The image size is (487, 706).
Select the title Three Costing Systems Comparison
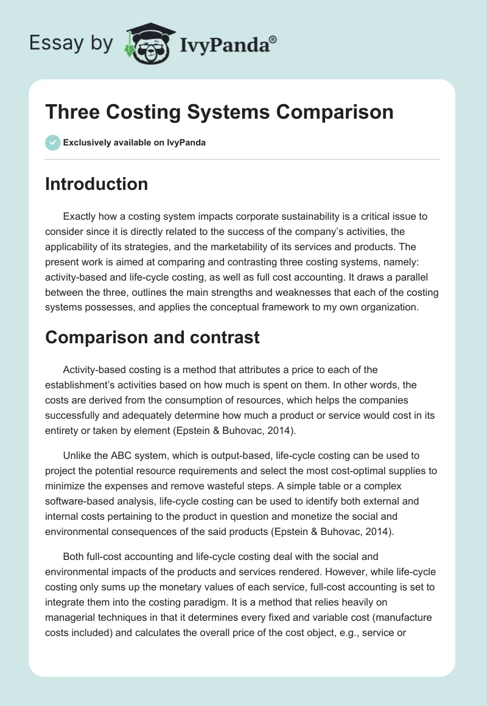pyautogui.click(x=219, y=113)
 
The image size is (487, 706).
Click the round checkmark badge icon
pyautogui.click(x=52, y=142)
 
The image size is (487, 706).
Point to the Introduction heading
pyautogui.click(x=96, y=184)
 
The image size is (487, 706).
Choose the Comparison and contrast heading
pyautogui.click(x=152, y=337)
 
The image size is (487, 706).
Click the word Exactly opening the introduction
pyautogui.click(x=81, y=215)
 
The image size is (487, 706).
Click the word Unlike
pyautogui.click(x=77, y=455)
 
